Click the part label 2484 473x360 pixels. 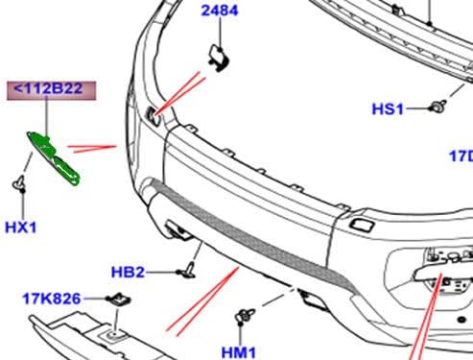pyautogui.click(x=220, y=11)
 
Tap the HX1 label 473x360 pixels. pyautogui.click(x=21, y=228)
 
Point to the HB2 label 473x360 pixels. pyautogui.click(x=128, y=273)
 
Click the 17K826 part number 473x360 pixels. pyautogui.click(x=52, y=299)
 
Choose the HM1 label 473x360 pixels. pyautogui.click(x=239, y=352)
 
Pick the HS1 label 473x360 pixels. pyautogui.click(x=388, y=108)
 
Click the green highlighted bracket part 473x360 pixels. pyautogui.click(x=53, y=157)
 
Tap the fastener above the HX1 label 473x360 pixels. pyautogui.click(x=19, y=183)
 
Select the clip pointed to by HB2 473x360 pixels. pyautogui.click(x=187, y=271)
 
